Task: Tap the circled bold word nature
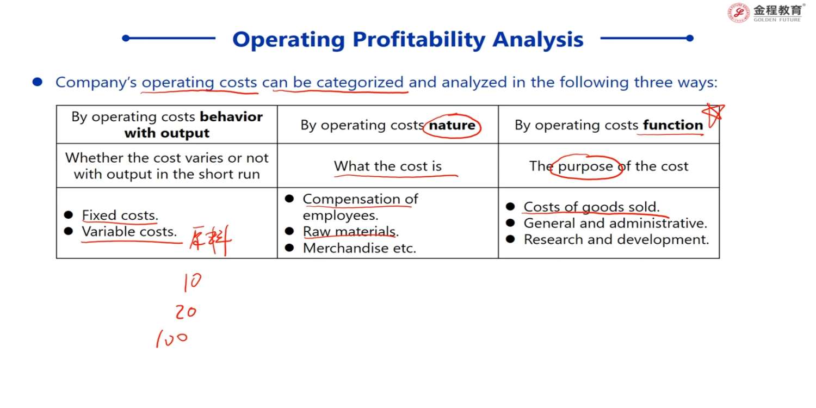coord(452,125)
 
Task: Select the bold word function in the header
coord(673,125)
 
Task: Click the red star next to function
coord(713,115)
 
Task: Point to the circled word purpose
coord(585,166)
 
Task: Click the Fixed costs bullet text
coord(120,215)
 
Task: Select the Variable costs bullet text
coord(129,232)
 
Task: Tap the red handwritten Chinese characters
coord(211,240)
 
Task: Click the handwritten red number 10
coord(193,282)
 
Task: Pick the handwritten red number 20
coord(186,312)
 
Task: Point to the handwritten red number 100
coord(172,338)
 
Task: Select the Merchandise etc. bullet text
coord(359,249)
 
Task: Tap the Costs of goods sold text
coord(592,207)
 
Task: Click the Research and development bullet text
coord(616,240)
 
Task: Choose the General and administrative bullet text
coord(615,223)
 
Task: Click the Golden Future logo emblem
coord(738,13)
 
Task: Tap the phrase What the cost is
coord(387,166)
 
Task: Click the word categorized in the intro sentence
coord(360,82)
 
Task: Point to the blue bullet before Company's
coord(38,82)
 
